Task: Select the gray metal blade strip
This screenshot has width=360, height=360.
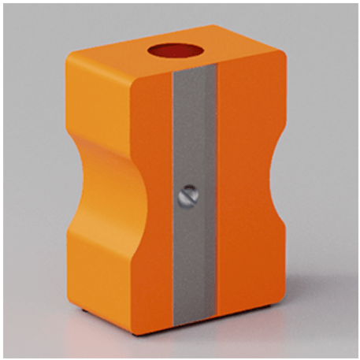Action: coord(191,260)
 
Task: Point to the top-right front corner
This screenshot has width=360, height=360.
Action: coord(277,63)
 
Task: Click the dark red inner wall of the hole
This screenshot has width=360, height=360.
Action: coord(173,49)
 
